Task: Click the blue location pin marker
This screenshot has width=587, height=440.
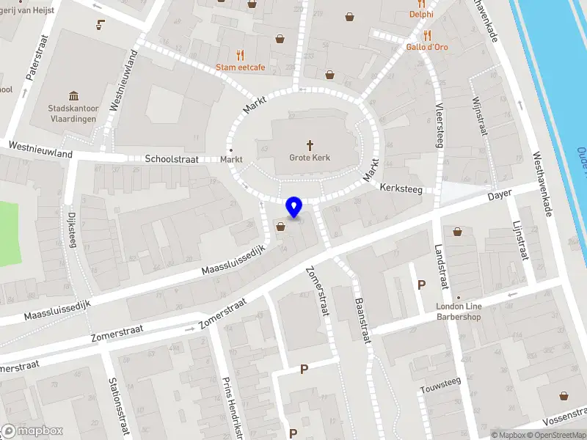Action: click(x=293, y=208)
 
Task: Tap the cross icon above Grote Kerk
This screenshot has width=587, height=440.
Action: click(x=310, y=145)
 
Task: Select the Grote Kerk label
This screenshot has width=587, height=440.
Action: click(x=310, y=158)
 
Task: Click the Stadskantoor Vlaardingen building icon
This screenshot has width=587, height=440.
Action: click(x=73, y=96)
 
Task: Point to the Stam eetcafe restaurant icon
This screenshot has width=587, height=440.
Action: click(x=240, y=55)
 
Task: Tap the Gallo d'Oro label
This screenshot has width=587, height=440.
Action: click(x=427, y=47)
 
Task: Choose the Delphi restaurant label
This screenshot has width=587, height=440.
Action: click(x=421, y=14)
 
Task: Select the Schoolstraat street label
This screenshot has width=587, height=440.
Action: click(x=172, y=158)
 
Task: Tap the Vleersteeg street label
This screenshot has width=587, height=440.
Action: click(x=439, y=128)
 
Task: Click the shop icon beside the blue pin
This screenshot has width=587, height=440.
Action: click(x=280, y=227)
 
